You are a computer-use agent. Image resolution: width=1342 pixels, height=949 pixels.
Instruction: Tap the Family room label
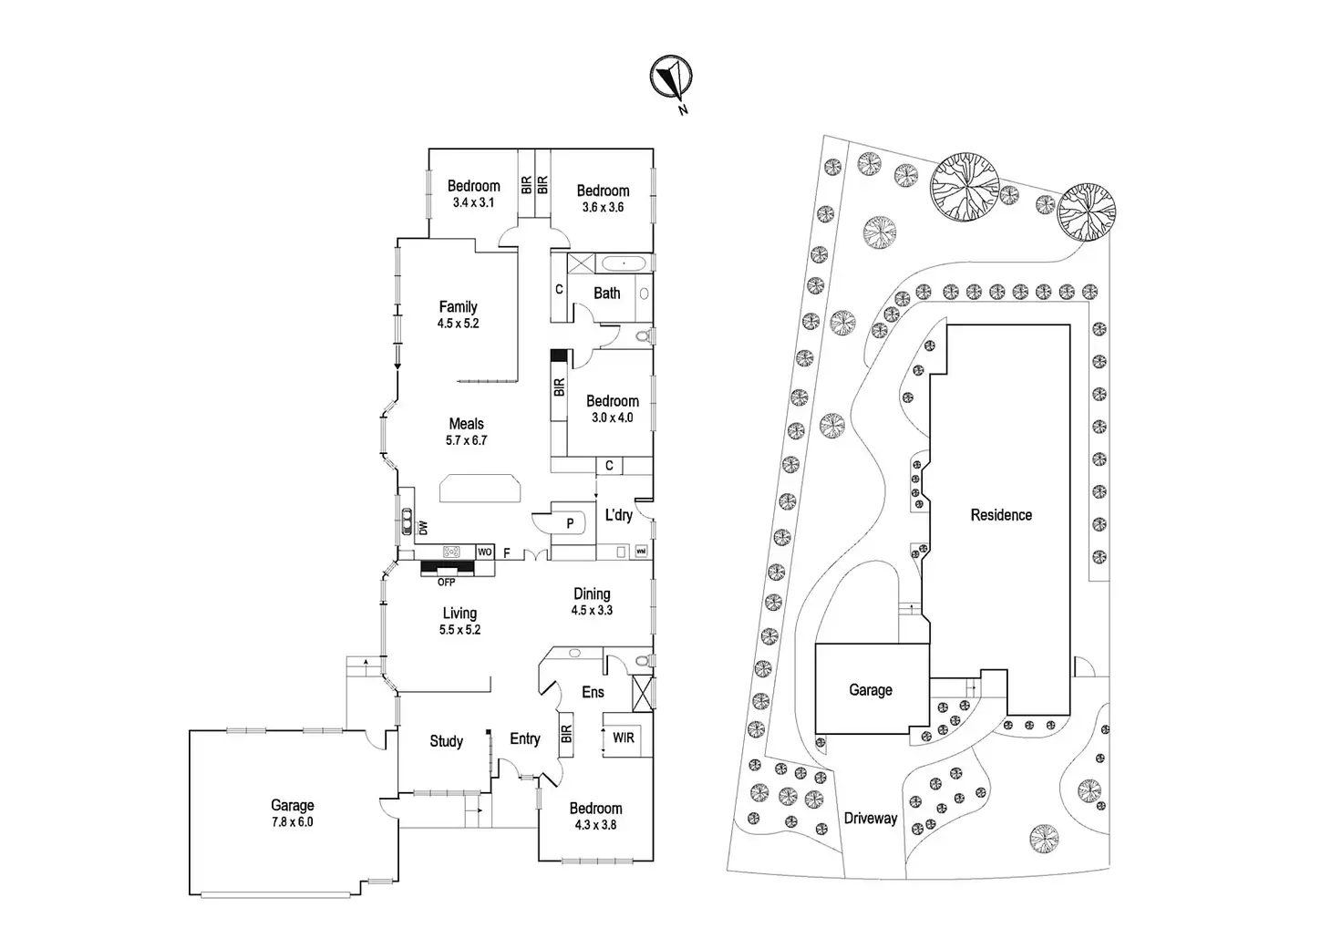[458, 307]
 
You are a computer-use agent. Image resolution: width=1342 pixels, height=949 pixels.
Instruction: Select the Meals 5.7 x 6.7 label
[466, 431]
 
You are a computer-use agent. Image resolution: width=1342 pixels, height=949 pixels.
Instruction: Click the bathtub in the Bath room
[625, 263]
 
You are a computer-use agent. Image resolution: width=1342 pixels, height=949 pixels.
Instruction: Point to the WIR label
[623, 738]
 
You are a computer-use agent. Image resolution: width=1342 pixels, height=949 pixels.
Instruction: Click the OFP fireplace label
[446, 582]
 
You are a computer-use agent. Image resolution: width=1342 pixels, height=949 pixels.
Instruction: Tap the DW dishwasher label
[422, 528]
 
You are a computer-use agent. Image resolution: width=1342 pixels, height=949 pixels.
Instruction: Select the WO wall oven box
[485, 552]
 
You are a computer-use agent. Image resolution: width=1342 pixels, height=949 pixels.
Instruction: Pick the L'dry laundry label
[618, 515]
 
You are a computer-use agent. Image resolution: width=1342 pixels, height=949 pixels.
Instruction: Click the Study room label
[446, 741]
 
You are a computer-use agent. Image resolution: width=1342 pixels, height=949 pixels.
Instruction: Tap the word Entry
[525, 738]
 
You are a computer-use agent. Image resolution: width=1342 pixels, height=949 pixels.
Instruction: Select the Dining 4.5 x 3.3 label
[592, 602]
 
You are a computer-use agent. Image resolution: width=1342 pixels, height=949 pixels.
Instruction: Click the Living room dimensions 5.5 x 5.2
[459, 630]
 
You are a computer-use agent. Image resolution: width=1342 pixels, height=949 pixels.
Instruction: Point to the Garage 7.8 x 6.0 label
[292, 813]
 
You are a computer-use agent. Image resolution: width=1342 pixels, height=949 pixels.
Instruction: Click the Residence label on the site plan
[1001, 515]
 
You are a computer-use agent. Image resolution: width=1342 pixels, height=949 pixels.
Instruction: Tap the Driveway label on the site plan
[870, 818]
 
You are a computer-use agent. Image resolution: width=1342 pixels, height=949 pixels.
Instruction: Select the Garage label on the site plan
[870, 690]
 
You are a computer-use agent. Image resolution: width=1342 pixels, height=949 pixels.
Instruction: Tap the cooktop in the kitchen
[451, 552]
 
